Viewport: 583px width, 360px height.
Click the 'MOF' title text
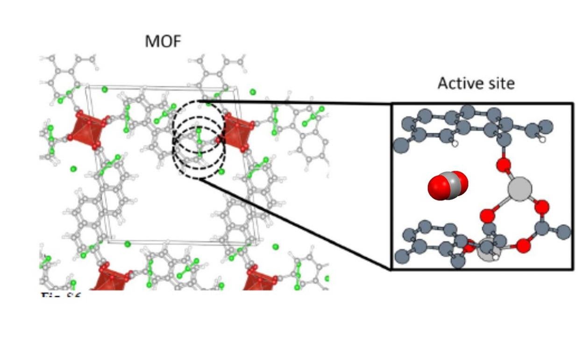163,41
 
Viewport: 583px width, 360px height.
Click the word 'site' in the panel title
501,83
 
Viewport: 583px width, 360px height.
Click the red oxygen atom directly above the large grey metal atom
503,165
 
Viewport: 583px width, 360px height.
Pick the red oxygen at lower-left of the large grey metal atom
487,216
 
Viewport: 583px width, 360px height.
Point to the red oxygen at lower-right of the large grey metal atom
541,206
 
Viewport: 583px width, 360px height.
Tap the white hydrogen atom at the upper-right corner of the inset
542,138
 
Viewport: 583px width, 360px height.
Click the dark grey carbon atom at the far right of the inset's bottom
564,231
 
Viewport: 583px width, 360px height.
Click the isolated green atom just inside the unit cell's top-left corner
105,89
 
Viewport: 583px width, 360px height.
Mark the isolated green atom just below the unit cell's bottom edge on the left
128,244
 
